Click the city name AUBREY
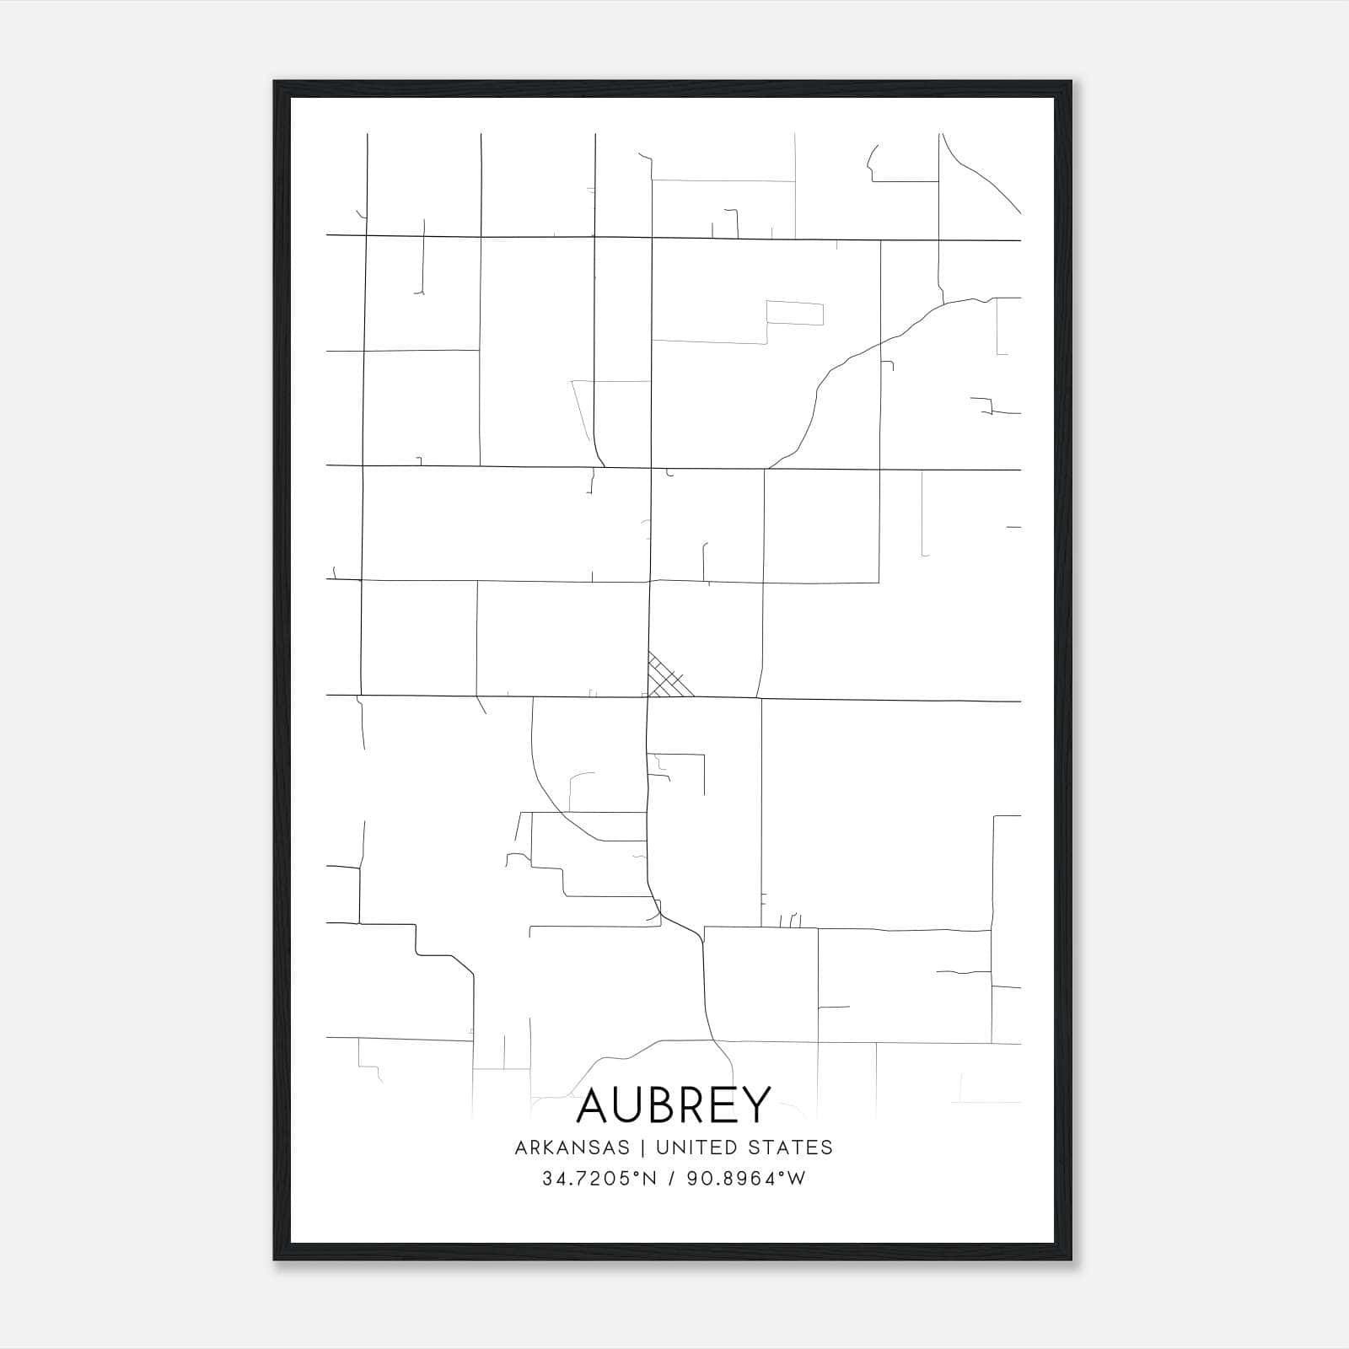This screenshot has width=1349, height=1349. tap(674, 1104)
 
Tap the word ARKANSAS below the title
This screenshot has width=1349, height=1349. tap(572, 1147)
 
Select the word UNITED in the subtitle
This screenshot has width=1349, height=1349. tap(694, 1147)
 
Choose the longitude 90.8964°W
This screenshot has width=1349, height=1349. tap(746, 1179)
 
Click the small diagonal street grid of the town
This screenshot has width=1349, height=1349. tap(668, 677)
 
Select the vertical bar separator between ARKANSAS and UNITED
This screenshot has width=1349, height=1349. tap(642, 1147)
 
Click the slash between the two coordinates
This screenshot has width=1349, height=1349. tap(672, 1179)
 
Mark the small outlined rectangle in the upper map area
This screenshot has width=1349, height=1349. tap(794, 313)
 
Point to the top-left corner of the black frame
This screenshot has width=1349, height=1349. tap(276, 83)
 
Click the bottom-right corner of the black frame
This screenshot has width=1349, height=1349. tap(1070, 1259)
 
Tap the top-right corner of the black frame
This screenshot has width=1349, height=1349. tap(1070, 83)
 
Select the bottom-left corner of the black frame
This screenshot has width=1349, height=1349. tap(276, 1259)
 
